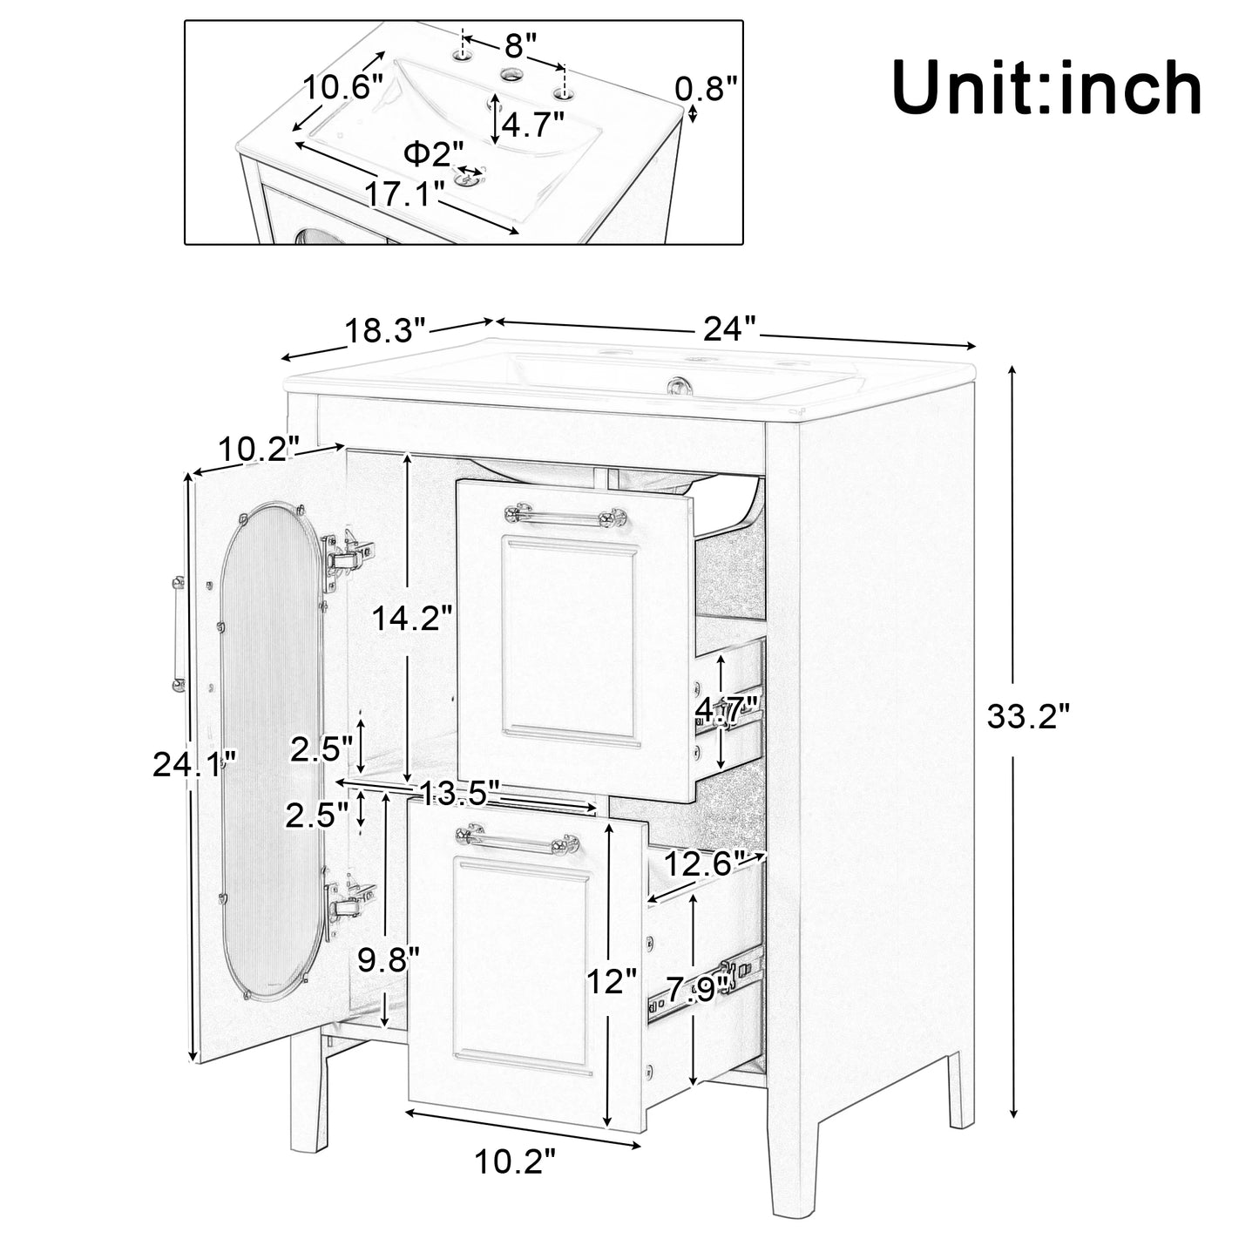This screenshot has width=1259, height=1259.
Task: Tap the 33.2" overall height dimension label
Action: (1027, 717)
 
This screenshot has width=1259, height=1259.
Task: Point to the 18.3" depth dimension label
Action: (385, 331)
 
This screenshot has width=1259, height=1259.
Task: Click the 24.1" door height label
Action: (194, 764)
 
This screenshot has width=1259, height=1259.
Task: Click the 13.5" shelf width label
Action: (459, 792)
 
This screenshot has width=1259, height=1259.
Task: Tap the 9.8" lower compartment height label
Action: (389, 958)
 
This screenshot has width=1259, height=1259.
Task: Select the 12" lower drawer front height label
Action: (612, 982)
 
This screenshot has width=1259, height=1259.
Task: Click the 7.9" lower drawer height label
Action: (698, 988)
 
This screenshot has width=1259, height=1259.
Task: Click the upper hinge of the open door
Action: (349, 554)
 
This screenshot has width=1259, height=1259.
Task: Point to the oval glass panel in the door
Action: (270, 749)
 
